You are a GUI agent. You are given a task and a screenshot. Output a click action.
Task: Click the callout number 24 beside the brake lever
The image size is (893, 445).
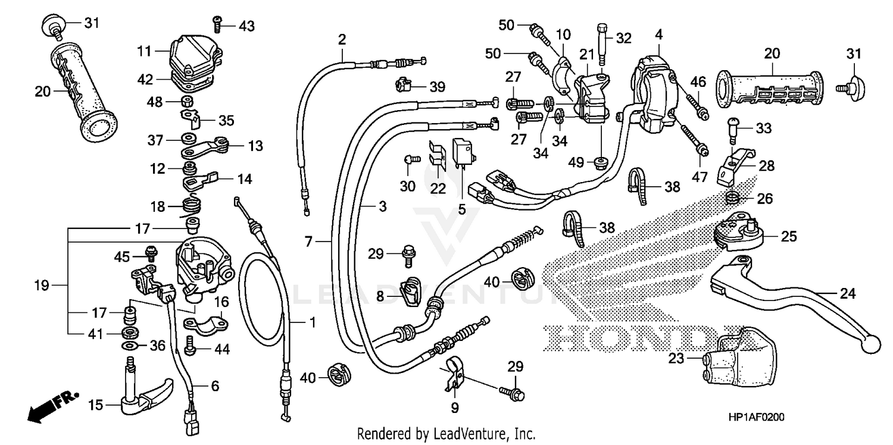(x=847, y=294)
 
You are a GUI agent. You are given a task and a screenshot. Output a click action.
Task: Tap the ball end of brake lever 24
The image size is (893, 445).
(x=872, y=344)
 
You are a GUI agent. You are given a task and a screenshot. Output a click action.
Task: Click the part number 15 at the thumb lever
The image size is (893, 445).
(x=96, y=406)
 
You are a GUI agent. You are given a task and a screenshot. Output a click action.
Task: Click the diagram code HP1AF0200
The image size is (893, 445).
(x=755, y=418)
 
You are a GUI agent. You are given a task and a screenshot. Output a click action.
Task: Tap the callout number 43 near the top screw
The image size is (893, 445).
(x=246, y=26)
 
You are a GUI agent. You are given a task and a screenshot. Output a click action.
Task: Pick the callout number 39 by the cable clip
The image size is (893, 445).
(x=437, y=87)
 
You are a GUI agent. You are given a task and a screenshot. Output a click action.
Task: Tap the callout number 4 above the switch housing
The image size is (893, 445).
(x=658, y=35)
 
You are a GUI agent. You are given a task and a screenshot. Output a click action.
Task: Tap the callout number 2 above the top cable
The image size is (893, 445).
(x=342, y=40)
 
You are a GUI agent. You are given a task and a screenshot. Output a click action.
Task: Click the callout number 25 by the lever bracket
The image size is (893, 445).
(x=788, y=237)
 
